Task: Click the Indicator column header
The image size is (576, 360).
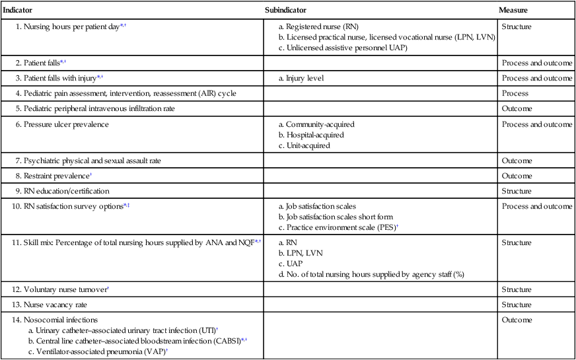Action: click(18, 11)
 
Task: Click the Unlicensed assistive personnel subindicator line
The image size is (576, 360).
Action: click(350, 48)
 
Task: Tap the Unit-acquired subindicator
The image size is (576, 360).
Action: click(312, 145)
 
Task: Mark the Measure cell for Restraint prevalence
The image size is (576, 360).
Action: click(517, 176)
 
